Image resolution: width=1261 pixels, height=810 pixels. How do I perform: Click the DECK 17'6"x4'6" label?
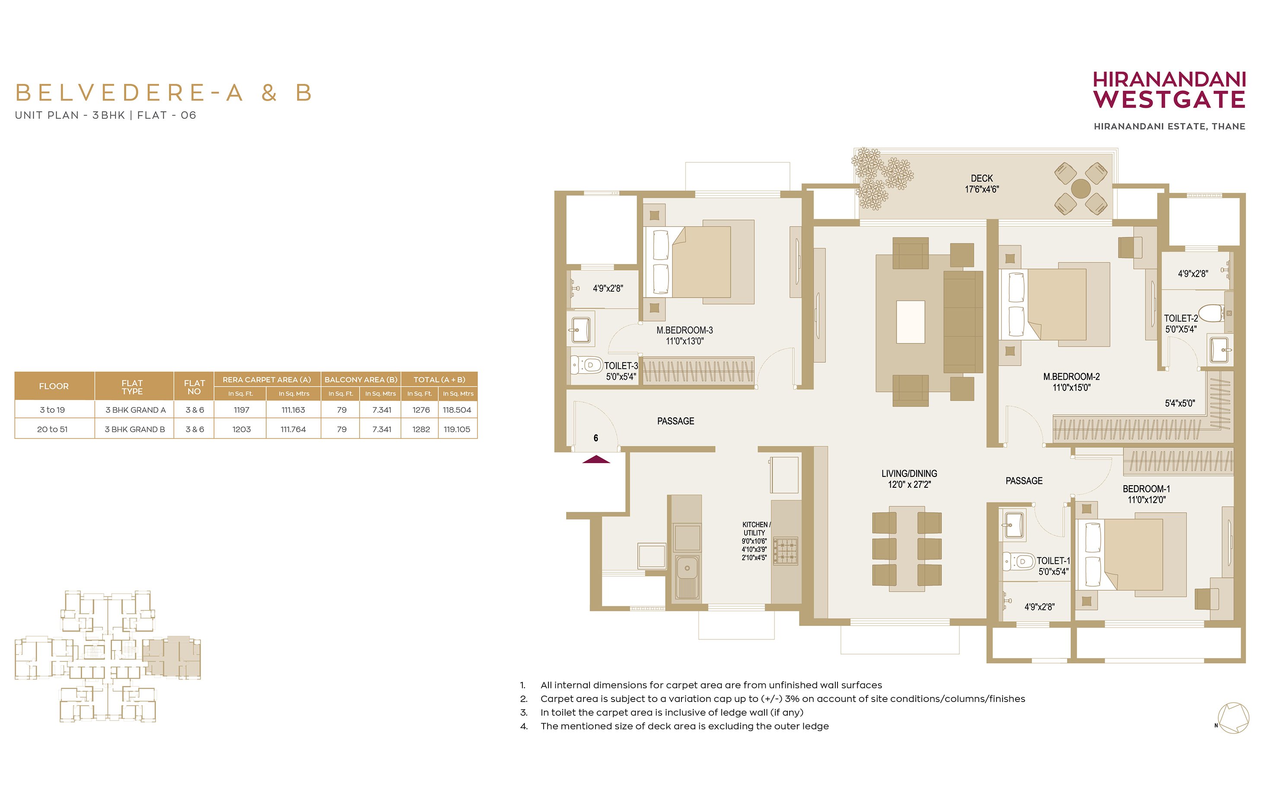[982, 184]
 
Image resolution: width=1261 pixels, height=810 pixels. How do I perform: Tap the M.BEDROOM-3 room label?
[685, 330]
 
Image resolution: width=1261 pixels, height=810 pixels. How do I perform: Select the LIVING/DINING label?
[909, 473]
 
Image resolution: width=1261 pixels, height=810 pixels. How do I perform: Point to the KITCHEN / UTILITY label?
[756, 529]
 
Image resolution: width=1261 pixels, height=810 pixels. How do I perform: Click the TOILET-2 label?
[1181, 318]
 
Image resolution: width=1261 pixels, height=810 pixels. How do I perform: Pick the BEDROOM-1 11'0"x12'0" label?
[1146, 494]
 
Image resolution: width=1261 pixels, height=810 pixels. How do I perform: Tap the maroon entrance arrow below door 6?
[596, 459]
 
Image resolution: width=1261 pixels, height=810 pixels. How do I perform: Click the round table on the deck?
[1080, 188]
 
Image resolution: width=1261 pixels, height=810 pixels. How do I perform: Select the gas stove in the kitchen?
[786, 550]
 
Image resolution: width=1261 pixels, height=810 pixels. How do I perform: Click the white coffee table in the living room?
[911, 322]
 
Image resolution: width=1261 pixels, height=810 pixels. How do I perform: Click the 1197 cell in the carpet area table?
[242, 410]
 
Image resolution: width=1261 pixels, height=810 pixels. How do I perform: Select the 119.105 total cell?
[457, 429]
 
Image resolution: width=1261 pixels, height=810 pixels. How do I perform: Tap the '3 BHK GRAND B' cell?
[135, 429]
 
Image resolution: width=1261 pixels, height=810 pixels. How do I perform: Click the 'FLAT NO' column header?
[194, 387]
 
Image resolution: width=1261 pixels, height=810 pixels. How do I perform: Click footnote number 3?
[523, 712]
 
